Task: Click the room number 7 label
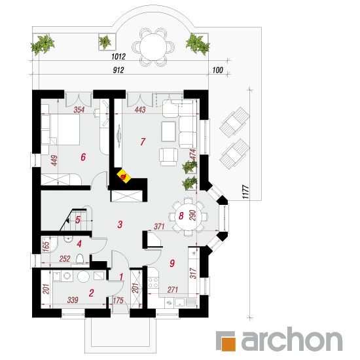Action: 143,141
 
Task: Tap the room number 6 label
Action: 83,157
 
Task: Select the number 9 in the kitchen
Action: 172,263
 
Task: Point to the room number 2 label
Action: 92,293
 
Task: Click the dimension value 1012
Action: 118,56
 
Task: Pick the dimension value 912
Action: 118,70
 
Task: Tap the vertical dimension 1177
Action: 245,192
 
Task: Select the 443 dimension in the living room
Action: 140,109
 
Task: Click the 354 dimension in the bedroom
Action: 79,109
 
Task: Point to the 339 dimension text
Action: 73,300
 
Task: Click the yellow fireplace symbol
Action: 124,176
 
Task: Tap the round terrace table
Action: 153,47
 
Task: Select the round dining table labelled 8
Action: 189,216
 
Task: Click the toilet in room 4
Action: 80,259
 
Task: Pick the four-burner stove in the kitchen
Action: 153,282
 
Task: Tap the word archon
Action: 292,339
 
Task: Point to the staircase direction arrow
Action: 67,221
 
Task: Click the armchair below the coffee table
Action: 168,157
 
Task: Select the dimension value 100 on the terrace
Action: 218,70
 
